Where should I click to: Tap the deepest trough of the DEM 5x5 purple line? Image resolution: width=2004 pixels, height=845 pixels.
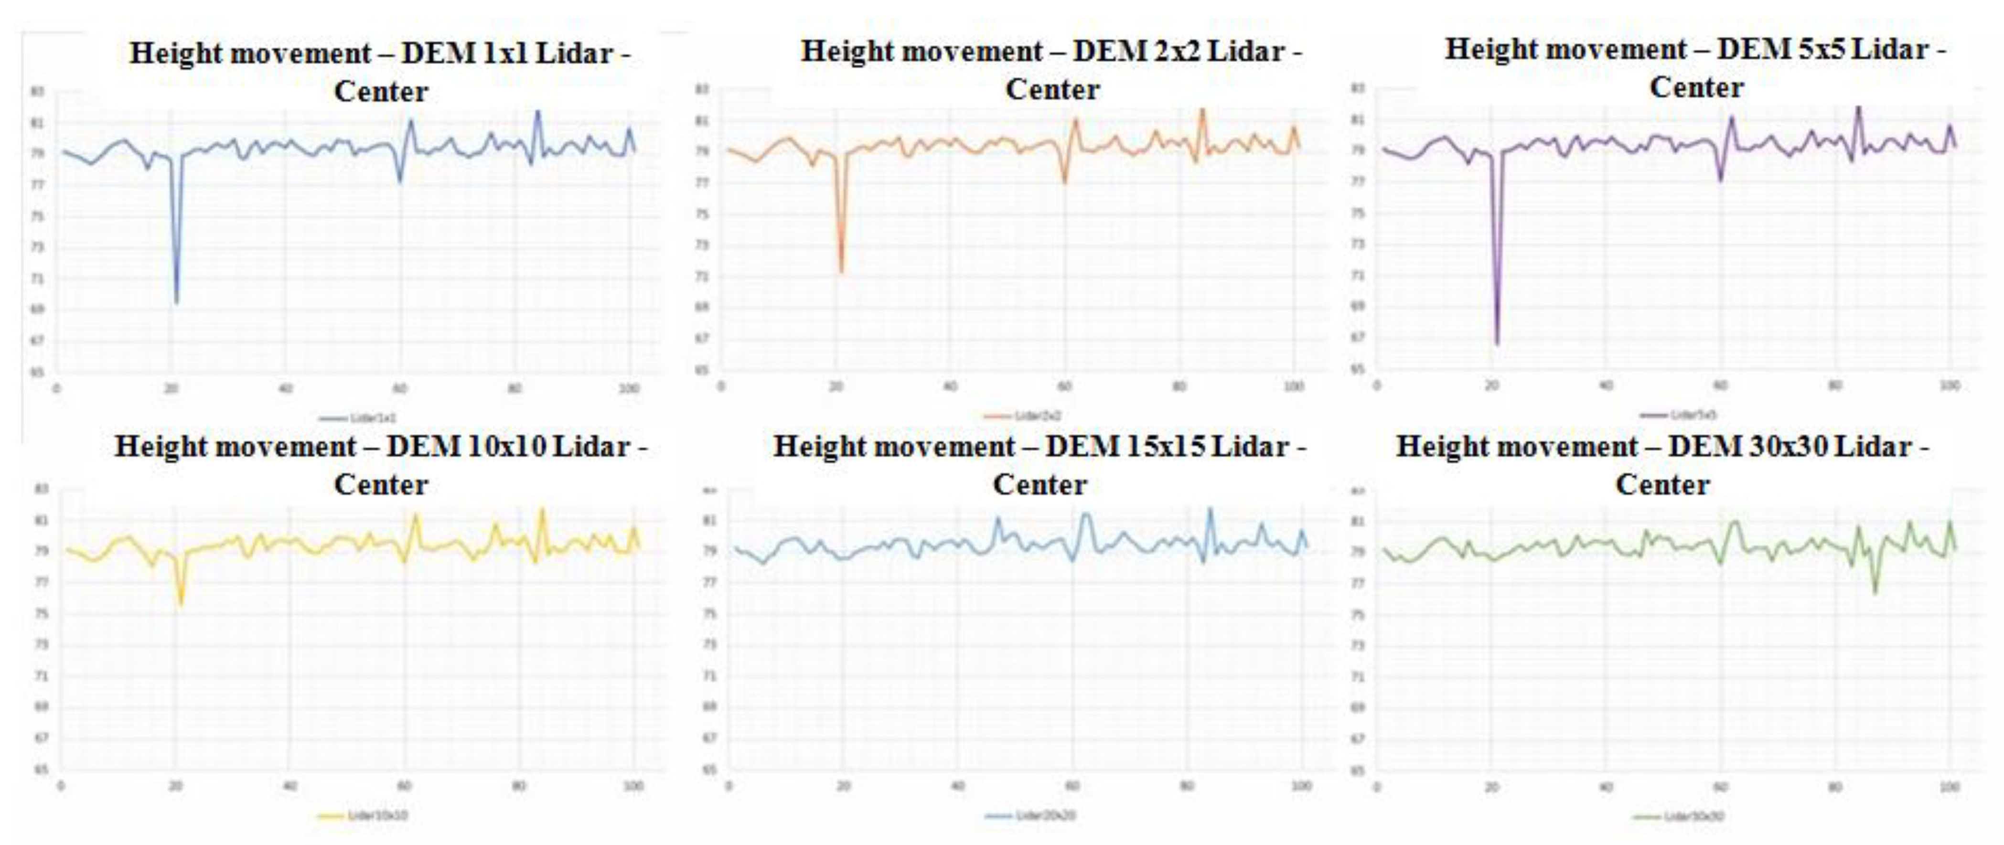(x=1497, y=342)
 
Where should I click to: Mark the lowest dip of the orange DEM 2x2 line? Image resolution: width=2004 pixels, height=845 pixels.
(x=841, y=271)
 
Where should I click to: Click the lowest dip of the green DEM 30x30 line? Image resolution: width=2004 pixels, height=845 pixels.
(x=1875, y=593)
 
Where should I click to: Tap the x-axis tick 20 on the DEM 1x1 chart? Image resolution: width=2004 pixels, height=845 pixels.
(x=171, y=388)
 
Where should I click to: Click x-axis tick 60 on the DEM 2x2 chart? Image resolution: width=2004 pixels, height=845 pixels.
(x=1064, y=386)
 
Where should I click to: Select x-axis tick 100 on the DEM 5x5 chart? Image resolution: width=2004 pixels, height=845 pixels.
(x=1950, y=385)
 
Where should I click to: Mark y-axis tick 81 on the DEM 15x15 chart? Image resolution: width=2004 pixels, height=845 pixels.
(x=709, y=521)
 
